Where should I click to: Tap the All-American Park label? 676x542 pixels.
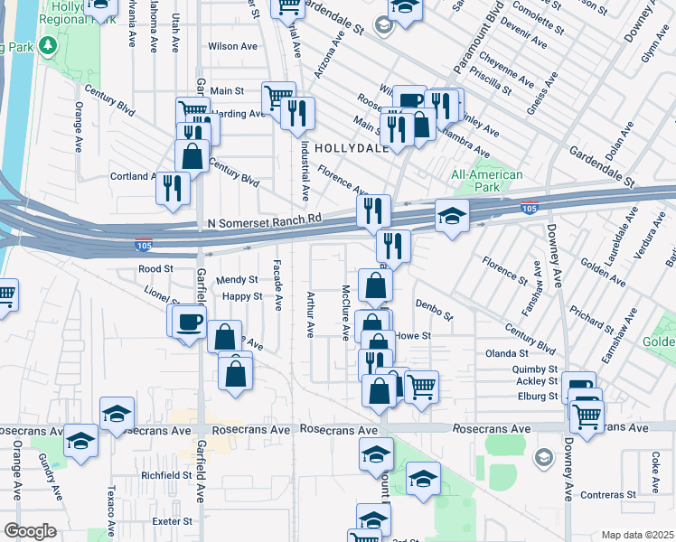(487, 181)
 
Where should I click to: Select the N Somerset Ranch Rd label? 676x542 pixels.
(265, 220)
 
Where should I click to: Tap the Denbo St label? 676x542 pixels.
(434, 310)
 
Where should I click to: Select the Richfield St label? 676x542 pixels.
(166, 474)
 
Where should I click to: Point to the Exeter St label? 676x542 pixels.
(172, 521)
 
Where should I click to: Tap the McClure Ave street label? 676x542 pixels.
(345, 313)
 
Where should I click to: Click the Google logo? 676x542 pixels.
(30, 530)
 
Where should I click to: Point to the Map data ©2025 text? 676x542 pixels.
(637, 535)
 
